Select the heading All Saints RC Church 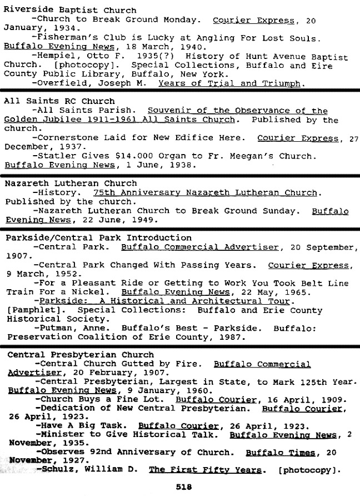(x=51, y=101)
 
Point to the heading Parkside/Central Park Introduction (x=98, y=237)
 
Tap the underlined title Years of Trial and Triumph (x=229, y=83)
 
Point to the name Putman (x=54, y=328)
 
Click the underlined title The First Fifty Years (x=204, y=470)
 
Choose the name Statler (x=54, y=156)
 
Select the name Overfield (x=61, y=83)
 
